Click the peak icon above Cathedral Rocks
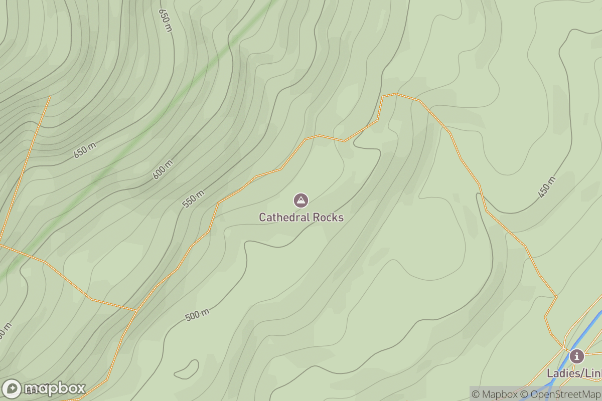(300, 201)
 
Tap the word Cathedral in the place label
(284, 217)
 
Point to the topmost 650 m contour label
(165, 20)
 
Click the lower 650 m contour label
(85, 150)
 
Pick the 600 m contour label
(163, 169)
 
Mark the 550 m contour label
(193, 199)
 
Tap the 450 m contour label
(547, 187)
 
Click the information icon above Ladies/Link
(577, 356)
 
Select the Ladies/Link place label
(574, 373)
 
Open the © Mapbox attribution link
(495, 394)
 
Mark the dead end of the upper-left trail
(50, 96)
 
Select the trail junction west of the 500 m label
(136, 311)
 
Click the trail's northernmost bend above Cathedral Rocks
(395, 94)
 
